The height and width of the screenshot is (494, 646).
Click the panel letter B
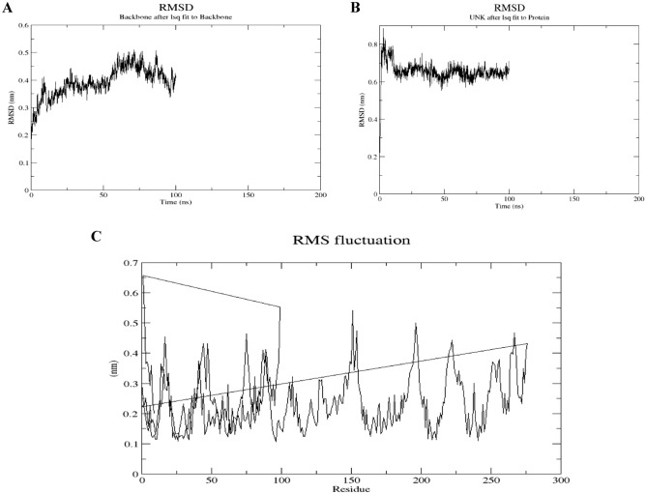pyautogui.click(x=355, y=8)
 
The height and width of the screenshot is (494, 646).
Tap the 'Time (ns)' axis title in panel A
pyautogui.click(x=176, y=208)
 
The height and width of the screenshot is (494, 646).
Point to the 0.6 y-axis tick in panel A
pyautogui.click(x=22, y=26)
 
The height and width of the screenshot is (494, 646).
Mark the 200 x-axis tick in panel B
pyautogui.click(x=638, y=199)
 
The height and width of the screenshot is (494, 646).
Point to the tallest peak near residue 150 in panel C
pyautogui.click(x=353, y=311)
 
